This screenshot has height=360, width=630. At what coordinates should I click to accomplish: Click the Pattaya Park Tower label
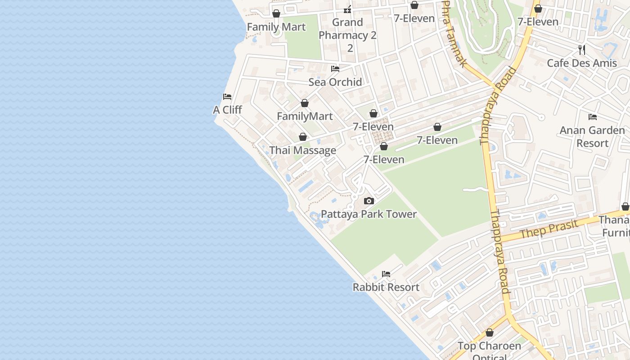pos(369,214)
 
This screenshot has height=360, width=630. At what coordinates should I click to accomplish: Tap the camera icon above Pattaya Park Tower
pos(369,201)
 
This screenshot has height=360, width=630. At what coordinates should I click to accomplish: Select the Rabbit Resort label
pos(386,287)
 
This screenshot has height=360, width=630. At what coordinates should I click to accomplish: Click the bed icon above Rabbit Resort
pos(386,274)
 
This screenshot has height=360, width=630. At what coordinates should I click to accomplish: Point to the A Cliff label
pos(227,110)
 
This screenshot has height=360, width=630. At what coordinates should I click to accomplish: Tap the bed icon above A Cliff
pos(227,96)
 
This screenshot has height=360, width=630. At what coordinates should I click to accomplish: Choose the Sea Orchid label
pos(335,82)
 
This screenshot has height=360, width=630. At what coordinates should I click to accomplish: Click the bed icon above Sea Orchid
pos(335,69)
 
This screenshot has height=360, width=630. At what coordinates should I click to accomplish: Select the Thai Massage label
pos(302,150)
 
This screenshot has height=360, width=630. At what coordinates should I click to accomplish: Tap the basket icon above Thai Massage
pos(303,137)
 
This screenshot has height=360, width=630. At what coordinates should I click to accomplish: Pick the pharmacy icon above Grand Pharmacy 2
pos(347,9)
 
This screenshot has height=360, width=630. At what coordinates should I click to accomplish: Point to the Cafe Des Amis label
pos(582,63)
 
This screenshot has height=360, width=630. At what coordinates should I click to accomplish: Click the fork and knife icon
pos(582,49)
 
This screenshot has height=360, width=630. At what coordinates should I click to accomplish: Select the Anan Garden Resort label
pos(592,137)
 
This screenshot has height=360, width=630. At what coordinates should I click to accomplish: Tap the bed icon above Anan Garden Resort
pos(593,117)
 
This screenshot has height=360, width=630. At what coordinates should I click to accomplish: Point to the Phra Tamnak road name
pos(454,34)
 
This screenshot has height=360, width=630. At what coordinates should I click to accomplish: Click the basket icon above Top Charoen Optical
pos(490,333)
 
